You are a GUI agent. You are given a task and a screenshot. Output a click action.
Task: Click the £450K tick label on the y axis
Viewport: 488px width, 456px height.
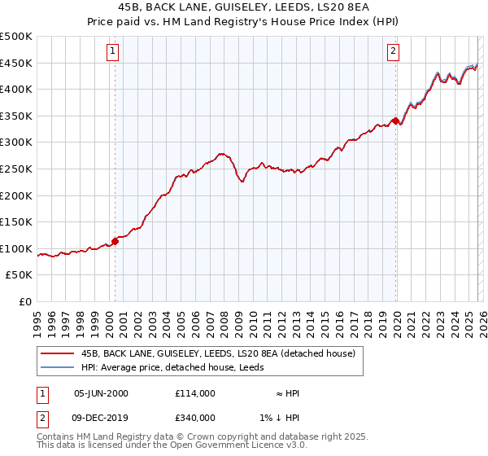(16, 64)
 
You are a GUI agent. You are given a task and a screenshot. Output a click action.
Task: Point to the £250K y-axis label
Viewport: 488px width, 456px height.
(16, 169)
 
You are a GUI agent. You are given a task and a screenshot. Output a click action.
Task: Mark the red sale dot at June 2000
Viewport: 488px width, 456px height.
(115, 241)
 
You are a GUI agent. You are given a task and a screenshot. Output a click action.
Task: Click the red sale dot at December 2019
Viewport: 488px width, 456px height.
(395, 121)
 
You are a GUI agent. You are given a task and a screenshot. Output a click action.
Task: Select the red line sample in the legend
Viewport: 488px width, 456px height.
(58, 354)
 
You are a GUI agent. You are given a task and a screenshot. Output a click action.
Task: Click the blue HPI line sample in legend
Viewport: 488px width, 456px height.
(58, 368)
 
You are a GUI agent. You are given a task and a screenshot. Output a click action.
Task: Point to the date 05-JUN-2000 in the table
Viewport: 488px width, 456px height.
(101, 393)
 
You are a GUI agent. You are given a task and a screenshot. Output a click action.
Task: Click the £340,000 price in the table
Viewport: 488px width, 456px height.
(194, 418)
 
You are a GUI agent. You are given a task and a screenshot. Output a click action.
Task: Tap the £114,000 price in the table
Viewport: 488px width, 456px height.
(194, 393)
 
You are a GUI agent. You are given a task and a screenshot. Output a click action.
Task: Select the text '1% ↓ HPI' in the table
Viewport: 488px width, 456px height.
(281, 418)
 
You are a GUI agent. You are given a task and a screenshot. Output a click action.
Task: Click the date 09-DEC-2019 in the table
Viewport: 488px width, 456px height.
(101, 418)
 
